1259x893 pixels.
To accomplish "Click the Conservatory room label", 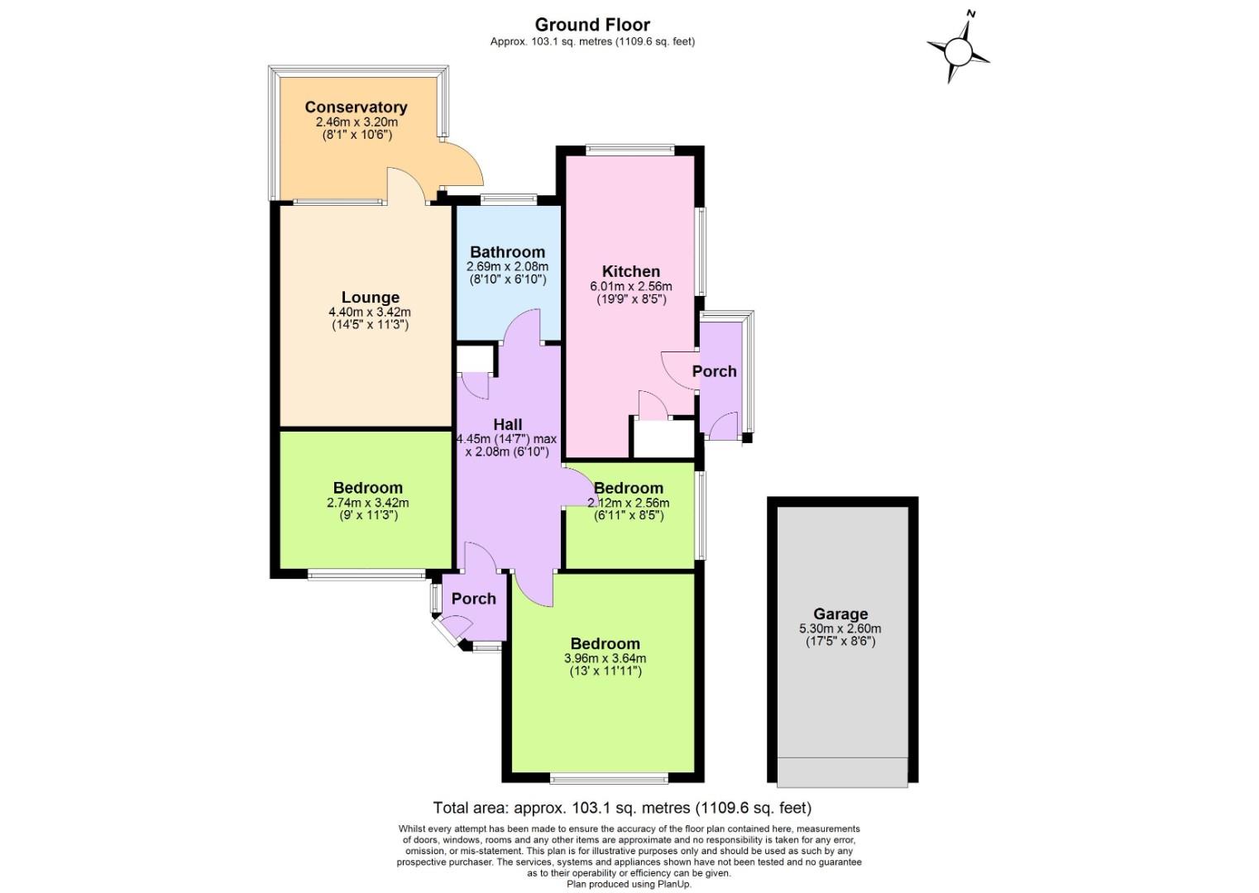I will coord(356,107).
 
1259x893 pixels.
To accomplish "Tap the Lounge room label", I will coord(370,297).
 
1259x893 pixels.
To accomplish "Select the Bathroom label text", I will coord(507,252).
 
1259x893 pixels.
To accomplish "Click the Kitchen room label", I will coord(630,271).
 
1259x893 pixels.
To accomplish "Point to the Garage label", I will coord(840,614).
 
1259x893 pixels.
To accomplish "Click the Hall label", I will coord(507,424).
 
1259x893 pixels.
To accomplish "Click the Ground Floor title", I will coord(592,25).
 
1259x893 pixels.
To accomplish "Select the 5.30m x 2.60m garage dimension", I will coord(840,628).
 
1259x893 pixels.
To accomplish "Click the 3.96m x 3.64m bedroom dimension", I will coord(605,658).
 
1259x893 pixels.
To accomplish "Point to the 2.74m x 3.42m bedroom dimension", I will coord(368,502).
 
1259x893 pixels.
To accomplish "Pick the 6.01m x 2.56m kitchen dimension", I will coord(630,286).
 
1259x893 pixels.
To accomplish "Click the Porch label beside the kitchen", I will coord(714,371).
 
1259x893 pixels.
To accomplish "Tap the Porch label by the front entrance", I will coord(473,599).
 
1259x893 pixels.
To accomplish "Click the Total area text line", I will coord(622,808).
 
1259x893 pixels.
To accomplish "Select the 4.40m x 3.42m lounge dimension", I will coord(370,312).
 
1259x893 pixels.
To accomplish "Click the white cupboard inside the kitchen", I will coord(663,438).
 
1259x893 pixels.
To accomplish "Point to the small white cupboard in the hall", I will coord(474,360).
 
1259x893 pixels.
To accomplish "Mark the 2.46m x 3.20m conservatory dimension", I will coord(356,122).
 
